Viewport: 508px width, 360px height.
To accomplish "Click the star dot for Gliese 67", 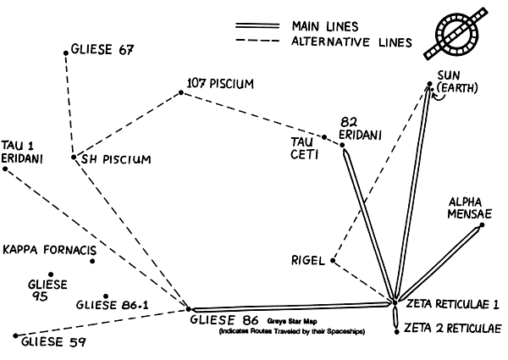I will coord(66,53).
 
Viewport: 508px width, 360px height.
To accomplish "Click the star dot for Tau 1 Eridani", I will coord(5,169).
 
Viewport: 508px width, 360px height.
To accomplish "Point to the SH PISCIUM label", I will coord(115,158).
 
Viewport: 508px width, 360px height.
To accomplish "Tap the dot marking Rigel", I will coord(334,261).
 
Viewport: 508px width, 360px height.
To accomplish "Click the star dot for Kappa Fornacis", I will coord(92,261).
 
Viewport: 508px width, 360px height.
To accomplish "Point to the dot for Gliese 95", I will coord(51,274).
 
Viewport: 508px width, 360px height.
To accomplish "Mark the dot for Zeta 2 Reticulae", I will coord(396,333).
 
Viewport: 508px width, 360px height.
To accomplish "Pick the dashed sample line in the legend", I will coord(257,41).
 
